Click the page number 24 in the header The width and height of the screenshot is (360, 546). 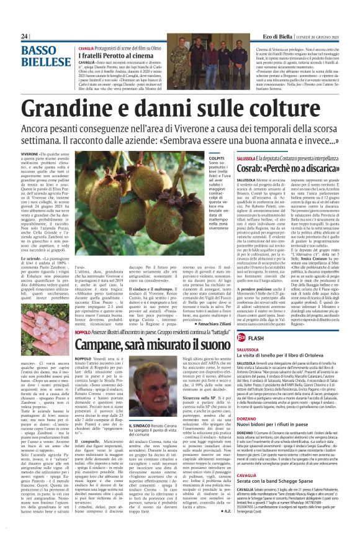tap(25, 37)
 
